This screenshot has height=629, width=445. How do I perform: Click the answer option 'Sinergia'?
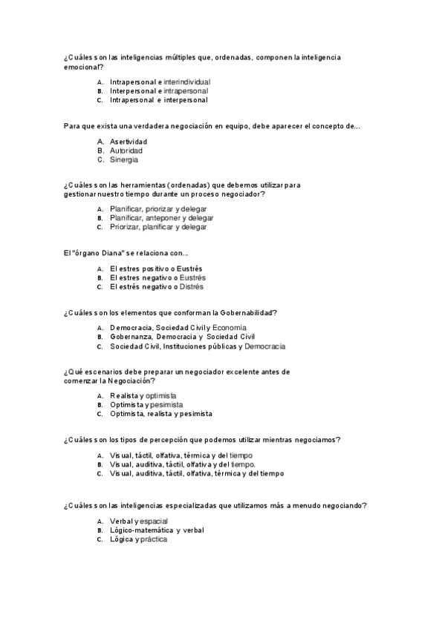tap(123, 159)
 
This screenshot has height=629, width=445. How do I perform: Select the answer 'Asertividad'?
tap(128, 141)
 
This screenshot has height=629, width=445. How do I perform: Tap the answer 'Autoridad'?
tap(126, 151)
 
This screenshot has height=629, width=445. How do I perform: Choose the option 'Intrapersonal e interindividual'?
tap(159, 82)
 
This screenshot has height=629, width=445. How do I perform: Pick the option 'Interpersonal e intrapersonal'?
tap(158, 90)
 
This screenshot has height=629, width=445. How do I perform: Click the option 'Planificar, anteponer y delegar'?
tap(161, 218)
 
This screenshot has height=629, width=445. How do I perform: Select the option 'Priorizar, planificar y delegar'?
tap(157, 227)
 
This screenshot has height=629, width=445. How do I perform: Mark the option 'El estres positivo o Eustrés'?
tap(156, 269)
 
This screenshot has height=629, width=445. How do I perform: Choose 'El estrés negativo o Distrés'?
tap(156, 286)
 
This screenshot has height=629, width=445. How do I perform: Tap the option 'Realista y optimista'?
tap(143, 395)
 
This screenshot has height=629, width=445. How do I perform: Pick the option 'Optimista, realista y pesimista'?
tap(160, 413)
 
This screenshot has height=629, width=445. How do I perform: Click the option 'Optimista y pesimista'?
tap(146, 404)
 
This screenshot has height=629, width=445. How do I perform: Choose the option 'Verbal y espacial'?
tap(138, 521)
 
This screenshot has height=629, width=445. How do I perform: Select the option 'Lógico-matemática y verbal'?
tap(156, 530)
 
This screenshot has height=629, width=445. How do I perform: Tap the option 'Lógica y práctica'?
tap(138, 539)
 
